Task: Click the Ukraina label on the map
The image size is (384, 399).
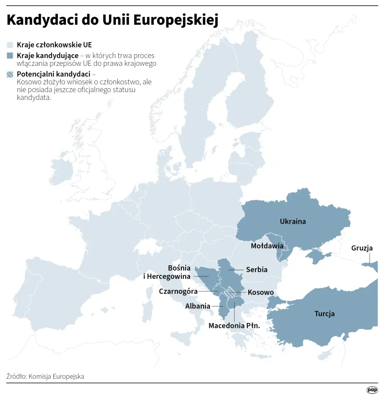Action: click(293, 221)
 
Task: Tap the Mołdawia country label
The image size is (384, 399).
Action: click(267, 246)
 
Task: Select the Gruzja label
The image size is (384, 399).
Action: click(362, 248)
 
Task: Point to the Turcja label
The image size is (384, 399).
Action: click(324, 314)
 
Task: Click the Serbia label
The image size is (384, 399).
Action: click(256, 270)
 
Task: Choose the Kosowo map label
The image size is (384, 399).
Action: click(261, 292)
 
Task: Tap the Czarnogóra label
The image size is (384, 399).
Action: click(178, 292)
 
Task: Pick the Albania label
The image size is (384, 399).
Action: click(198, 306)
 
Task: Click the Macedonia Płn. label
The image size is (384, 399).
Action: click(234, 326)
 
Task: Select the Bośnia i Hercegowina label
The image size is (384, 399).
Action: click(167, 272)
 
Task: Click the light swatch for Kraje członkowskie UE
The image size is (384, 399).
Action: click(10, 44)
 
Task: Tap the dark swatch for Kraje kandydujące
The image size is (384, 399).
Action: click(10, 56)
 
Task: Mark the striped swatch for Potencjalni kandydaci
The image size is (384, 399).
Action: click(10, 74)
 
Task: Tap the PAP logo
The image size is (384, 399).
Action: click(372, 389)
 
